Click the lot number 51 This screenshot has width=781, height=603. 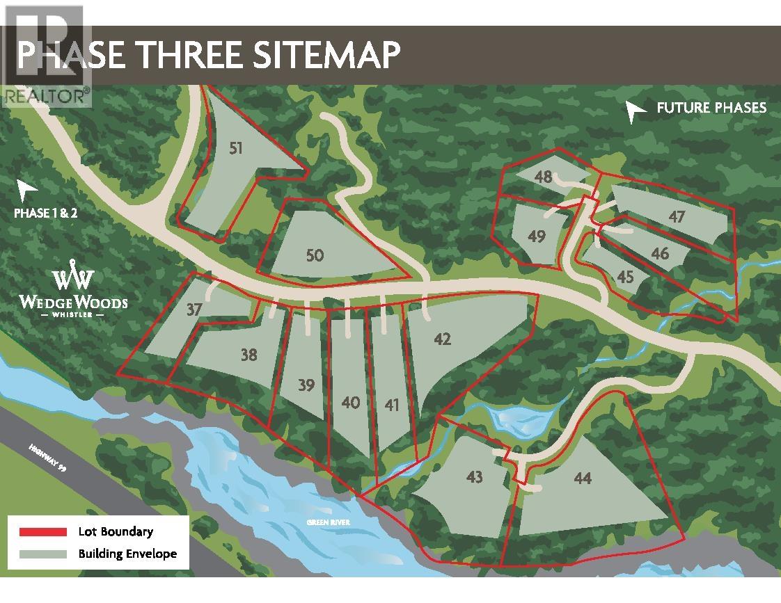coord(237,148)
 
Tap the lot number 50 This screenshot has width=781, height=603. coord(315,255)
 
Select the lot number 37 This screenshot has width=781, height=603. coord(194,309)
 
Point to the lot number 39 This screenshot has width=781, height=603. coord(306,385)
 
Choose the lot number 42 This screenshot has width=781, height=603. coord(442,339)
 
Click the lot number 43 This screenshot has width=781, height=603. coord(475,477)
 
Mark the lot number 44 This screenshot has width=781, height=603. coord(583,478)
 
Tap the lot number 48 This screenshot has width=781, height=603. coord(544,177)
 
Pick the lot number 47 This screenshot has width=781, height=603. coord(677,217)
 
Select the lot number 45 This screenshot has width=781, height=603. coord(625,277)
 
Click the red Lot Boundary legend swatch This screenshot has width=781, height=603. coord(43,532)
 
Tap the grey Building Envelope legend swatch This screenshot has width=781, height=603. coord(43,554)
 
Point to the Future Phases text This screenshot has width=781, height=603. coord(711,108)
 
